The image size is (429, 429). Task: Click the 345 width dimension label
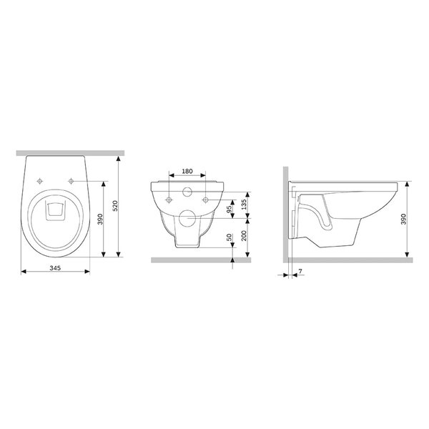click(x=55, y=268)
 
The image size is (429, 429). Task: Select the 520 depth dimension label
click(x=115, y=206)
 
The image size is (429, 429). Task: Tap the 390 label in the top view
click(x=100, y=220)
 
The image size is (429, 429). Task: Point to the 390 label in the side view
click(x=403, y=219)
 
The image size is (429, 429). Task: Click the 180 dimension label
click(x=187, y=172)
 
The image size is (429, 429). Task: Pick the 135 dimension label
click(x=244, y=204)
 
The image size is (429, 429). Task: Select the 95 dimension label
click(x=230, y=209)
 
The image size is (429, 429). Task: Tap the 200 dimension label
click(x=244, y=235)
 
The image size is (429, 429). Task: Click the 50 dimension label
click(x=230, y=237)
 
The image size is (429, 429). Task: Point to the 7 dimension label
click(x=300, y=271)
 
